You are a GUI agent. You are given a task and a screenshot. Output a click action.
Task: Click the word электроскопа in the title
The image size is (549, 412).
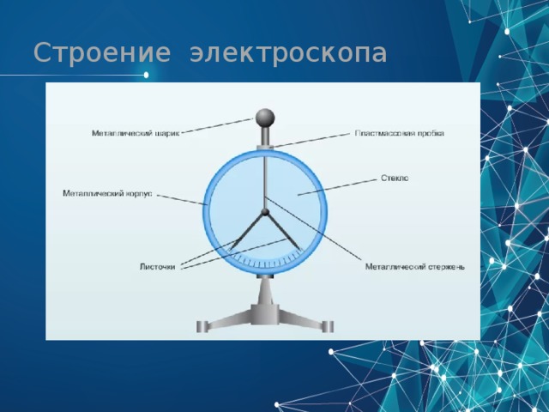tap(288, 53)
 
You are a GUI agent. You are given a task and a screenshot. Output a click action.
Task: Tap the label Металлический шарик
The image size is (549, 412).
tap(135, 134)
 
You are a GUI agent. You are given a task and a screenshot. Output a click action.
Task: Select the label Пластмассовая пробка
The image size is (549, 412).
tap(399, 134)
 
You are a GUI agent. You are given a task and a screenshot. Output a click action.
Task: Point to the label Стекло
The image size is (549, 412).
tap(394, 179)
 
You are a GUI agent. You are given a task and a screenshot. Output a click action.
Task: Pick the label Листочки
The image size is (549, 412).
tap(157, 266)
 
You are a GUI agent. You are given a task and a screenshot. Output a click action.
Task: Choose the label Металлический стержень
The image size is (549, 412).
tap(414, 266)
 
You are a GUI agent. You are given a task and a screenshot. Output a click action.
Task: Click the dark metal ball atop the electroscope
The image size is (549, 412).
tap(265, 116)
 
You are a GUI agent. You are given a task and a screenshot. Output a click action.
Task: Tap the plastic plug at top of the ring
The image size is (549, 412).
tap(265, 148)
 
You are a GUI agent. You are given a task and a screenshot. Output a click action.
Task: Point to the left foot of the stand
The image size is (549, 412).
tap(203, 326)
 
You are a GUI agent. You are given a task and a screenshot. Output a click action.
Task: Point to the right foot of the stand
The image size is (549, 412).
tap(327, 326)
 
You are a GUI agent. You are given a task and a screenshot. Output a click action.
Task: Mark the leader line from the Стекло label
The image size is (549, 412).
tap(339, 187)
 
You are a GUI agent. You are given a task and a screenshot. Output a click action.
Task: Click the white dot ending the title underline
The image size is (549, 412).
tap(146, 76)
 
